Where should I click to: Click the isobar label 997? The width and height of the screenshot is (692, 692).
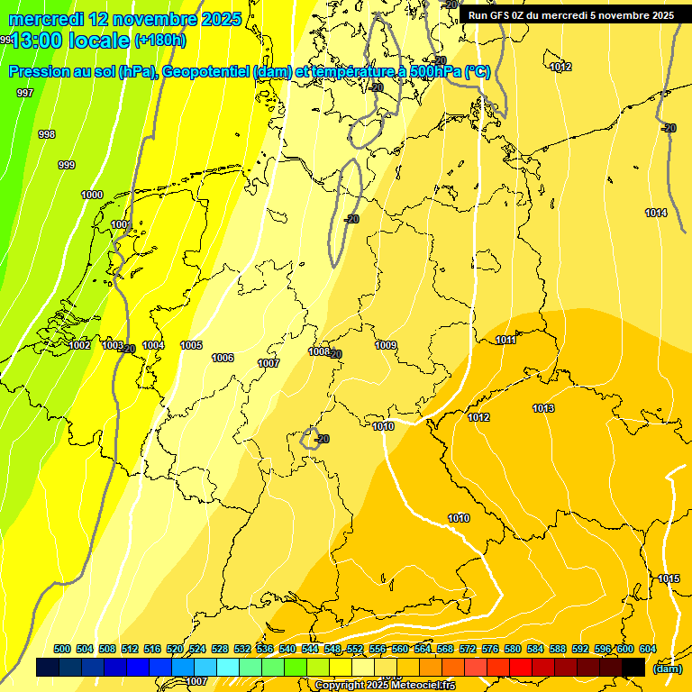tap(25, 93)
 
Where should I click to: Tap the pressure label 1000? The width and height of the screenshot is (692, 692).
tap(92, 195)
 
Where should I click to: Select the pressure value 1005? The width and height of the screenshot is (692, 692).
tap(191, 345)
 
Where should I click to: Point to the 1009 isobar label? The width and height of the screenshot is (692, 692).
tap(386, 345)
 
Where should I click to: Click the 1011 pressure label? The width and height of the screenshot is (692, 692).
tap(505, 340)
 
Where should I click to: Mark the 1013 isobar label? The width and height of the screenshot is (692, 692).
tap(543, 408)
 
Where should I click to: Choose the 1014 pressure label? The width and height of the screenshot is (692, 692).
tap(656, 213)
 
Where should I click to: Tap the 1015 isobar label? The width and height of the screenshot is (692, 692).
tap(669, 578)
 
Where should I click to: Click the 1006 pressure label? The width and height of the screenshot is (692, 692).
tap(223, 358)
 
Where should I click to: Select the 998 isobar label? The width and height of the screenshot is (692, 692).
tap(47, 134)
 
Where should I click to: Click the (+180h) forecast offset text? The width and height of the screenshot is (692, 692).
tap(159, 41)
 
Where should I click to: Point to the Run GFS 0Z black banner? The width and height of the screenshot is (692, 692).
tap(570, 15)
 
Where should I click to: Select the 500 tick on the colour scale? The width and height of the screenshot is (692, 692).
tap(62, 649)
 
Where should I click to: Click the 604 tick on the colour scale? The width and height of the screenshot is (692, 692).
tap(647, 649)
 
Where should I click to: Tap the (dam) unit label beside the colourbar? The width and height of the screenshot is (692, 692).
tap(667, 669)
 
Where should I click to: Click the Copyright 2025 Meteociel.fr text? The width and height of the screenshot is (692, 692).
tap(385, 685)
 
